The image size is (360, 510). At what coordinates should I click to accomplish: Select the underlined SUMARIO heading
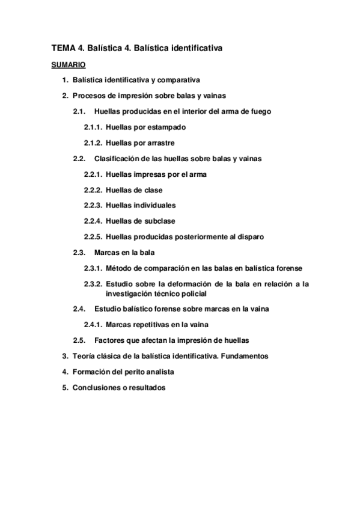coord(68,64)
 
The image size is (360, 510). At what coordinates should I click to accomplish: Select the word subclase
coord(158,221)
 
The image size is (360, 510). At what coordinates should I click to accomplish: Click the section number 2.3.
coord(80,252)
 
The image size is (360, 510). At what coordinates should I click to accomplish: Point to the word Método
coord(119,268)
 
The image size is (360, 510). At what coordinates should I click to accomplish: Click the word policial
coord(192,293)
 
